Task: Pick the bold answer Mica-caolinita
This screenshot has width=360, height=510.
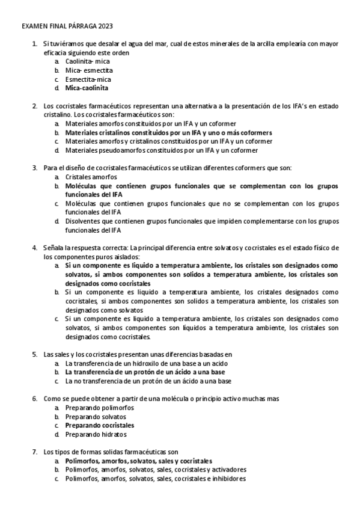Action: coord(87,88)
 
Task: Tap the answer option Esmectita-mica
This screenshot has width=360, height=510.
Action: coord(88,79)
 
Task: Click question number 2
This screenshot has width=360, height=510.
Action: coord(35,106)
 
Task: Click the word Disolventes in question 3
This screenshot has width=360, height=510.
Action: coord(84,221)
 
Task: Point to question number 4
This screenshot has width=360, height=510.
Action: coord(35,247)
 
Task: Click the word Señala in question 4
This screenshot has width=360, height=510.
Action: coord(54,247)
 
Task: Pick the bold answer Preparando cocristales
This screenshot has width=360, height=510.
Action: coord(99,425)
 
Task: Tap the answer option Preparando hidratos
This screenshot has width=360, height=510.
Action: coord(96,434)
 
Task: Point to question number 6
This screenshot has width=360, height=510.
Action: coord(35,399)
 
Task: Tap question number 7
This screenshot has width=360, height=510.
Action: coord(35,452)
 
